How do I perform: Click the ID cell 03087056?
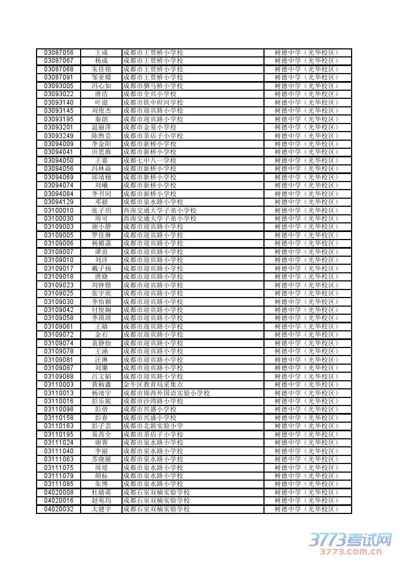pyautogui.click(x=59, y=53)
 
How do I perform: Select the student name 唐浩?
pyautogui.click(x=101, y=94)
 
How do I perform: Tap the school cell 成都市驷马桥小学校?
pyautogui.click(x=153, y=86)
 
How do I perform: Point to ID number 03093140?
pyautogui.click(x=59, y=103)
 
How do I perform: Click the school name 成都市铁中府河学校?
pyautogui.click(x=153, y=103)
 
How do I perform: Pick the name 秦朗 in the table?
pyautogui.click(x=101, y=119)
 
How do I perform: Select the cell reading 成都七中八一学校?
pyautogui.click(x=150, y=161)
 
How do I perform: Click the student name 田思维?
pyautogui.click(x=101, y=152)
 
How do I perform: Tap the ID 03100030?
pyautogui.click(x=59, y=219)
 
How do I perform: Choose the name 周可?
pyautogui.click(x=101, y=219)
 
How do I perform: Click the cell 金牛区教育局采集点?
pyautogui.click(x=153, y=385)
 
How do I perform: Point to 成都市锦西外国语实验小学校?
pyautogui.click(x=166, y=393)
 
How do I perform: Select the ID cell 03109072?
pyautogui.click(x=59, y=335)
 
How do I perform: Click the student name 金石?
pyautogui.click(x=101, y=335)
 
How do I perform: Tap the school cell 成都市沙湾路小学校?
pyautogui.click(x=153, y=401)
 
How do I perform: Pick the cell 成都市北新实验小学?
pyautogui.click(x=153, y=426)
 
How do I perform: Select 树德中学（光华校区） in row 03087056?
pyautogui.click(x=307, y=53)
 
